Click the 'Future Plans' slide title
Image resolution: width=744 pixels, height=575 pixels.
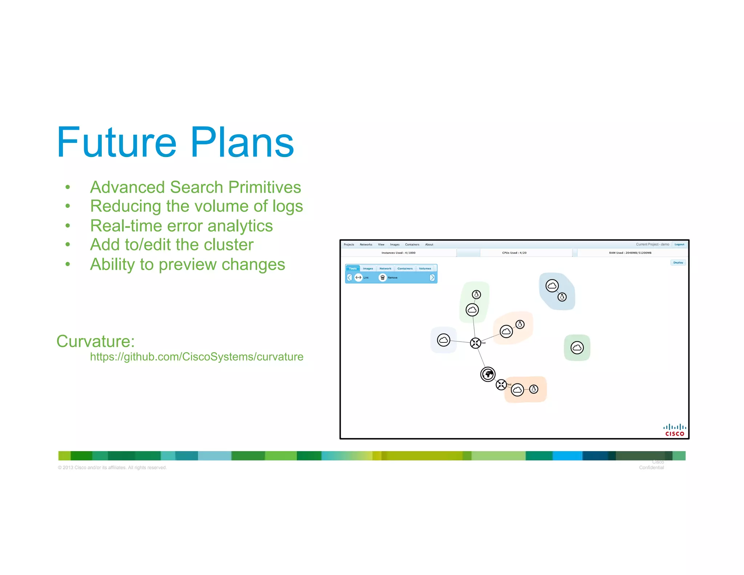(175, 142)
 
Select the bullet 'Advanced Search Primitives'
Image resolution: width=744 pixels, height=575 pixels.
(195, 187)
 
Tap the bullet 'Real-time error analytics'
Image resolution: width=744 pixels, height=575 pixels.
(181, 226)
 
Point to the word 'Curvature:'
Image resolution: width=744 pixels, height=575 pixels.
(96, 341)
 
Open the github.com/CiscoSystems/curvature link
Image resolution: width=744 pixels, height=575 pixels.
(197, 357)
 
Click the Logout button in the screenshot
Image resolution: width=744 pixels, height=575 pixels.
(679, 244)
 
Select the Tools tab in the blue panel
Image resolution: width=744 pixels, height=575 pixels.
(353, 269)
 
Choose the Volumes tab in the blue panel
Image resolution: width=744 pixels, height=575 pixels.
(425, 269)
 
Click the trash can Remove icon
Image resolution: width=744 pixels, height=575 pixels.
(383, 278)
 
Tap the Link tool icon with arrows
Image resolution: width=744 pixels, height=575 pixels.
(359, 278)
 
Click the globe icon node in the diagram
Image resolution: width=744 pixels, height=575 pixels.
(488, 374)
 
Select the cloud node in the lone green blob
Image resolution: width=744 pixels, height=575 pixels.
(577, 348)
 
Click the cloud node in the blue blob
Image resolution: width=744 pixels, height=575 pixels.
(552, 286)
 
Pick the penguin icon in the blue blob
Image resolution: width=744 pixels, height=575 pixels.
(562, 297)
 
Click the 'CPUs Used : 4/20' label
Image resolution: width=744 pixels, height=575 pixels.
(514, 253)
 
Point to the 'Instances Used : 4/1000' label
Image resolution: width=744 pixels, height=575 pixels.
(398, 253)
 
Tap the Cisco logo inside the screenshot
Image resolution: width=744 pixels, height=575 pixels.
(675, 430)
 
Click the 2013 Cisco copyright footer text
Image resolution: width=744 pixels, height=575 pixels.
(112, 467)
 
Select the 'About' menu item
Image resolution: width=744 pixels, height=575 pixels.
(429, 245)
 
